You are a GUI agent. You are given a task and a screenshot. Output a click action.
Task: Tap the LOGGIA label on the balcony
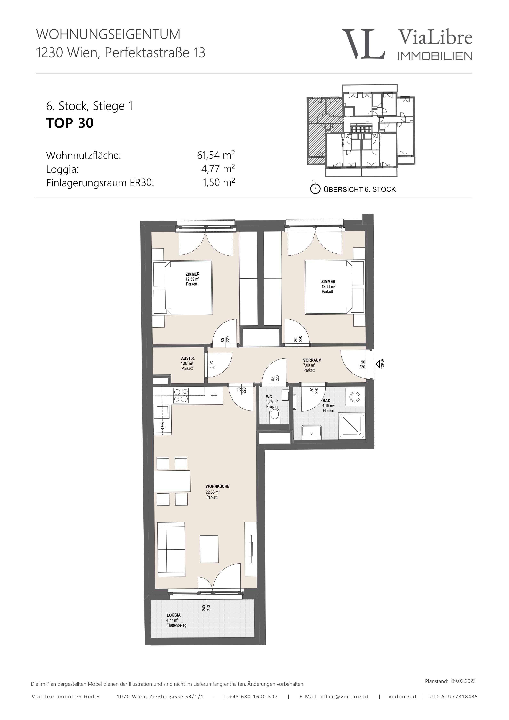(x=174, y=615)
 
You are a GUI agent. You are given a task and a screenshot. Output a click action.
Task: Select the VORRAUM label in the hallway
(x=312, y=360)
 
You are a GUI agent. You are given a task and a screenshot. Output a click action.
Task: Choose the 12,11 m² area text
(x=328, y=286)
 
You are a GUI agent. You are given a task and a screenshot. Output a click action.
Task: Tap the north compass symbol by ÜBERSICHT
(x=315, y=188)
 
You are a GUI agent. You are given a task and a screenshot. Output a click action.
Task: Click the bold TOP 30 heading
(x=70, y=123)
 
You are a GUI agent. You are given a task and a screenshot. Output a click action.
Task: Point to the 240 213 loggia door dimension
(x=206, y=608)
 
